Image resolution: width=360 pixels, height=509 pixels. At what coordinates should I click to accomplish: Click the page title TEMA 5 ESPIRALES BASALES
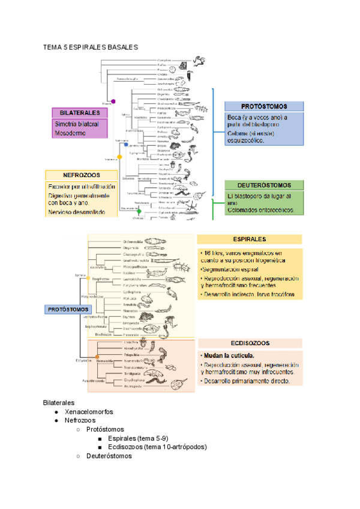click(x=90, y=47)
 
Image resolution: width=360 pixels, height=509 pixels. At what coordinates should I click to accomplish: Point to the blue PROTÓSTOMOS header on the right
click(x=265, y=105)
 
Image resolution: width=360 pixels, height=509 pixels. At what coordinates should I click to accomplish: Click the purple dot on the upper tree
click(x=112, y=101)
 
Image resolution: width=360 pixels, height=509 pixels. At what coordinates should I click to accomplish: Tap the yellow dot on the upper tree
click(x=119, y=157)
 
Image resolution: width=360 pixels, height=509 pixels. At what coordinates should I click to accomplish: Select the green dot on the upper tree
click(x=139, y=211)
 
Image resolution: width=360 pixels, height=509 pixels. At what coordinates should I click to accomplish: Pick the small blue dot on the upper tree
click(x=125, y=145)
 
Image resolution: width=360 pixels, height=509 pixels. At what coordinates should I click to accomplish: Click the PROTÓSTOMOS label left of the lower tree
click(x=65, y=310)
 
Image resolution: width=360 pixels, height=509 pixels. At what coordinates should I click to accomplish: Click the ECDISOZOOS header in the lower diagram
click(x=249, y=343)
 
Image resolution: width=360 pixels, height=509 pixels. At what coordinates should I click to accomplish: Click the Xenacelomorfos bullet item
click(x=89, y=412)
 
